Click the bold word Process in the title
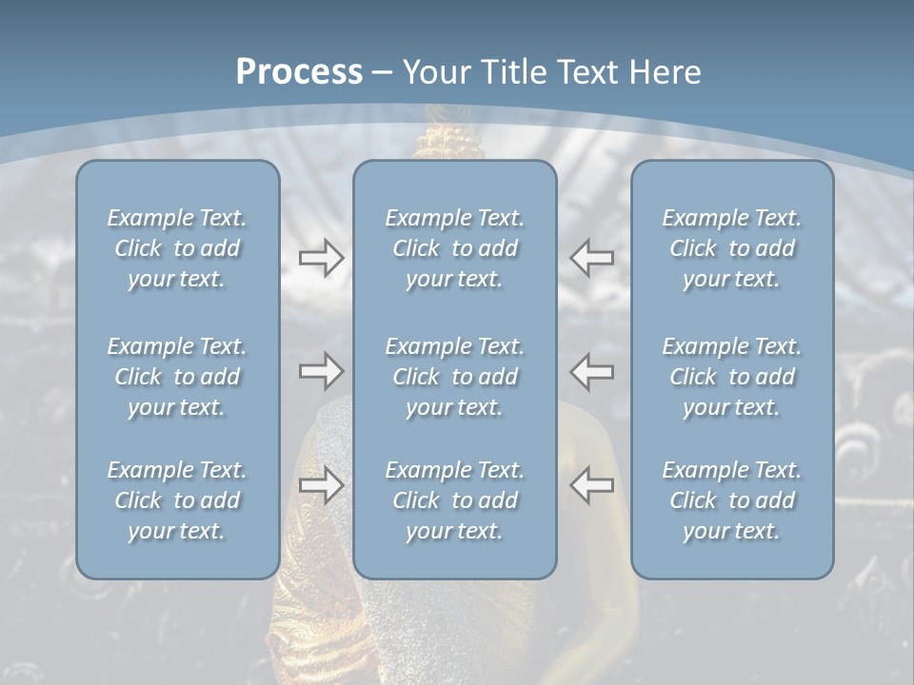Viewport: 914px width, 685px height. tap(299, 72)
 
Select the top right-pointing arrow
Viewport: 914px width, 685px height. tap(321, 258)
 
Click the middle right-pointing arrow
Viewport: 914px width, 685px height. tap(321, 370)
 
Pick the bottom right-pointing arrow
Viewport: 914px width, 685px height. tap(321, 485)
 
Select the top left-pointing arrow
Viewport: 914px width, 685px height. tap(592, 258)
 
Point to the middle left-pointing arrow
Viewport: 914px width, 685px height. tap(592, 370)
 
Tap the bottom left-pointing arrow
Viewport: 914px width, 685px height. tap(592, 485)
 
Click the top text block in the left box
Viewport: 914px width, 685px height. tap(177, 248)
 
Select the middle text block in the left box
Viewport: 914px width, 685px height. tap(177, 377)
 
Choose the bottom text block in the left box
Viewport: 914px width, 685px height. tap(177, 500)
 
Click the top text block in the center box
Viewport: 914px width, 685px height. tap(454, 248)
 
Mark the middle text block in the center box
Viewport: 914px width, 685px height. tap(454, 377)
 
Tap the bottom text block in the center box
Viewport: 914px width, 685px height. tap(454, 500)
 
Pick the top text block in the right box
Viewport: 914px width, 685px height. tap(731, 248)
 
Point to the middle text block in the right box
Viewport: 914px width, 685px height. tap(731, 377)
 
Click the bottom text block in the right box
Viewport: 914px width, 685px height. tap(731, 500)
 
